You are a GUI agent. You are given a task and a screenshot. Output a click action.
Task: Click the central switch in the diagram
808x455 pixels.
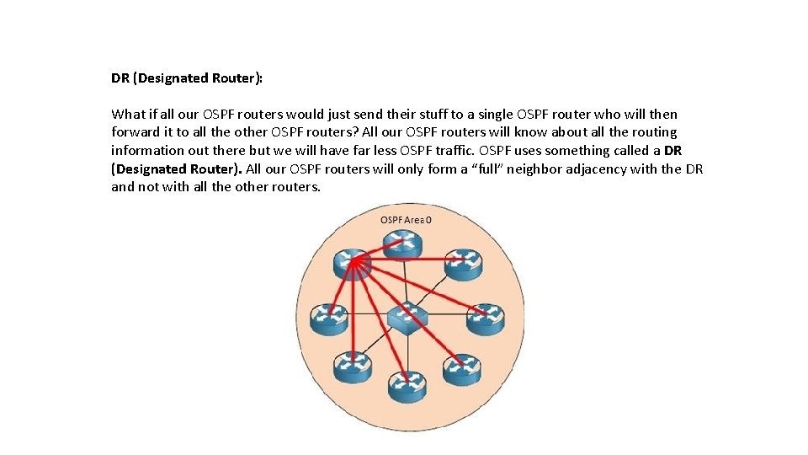tap(407, 317)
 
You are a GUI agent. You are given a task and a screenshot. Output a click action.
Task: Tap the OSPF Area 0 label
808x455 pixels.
tap(407, 220)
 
